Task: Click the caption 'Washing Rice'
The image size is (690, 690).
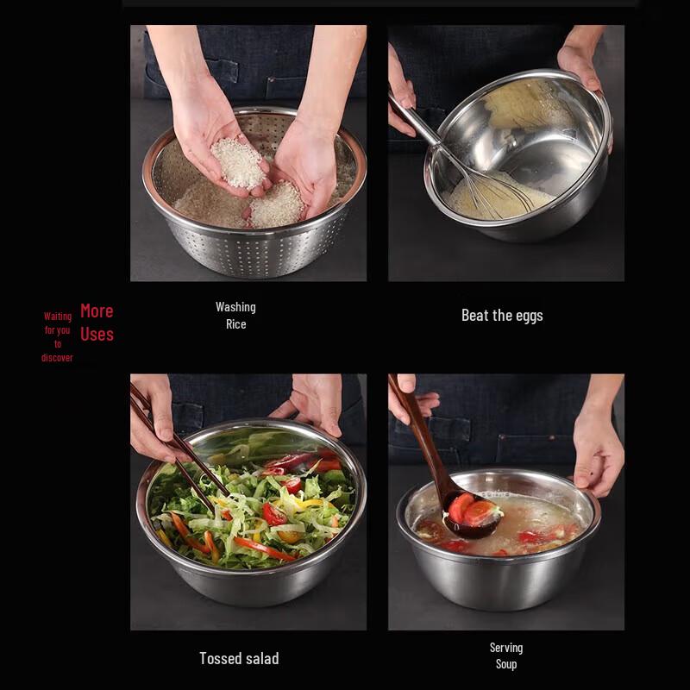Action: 235,316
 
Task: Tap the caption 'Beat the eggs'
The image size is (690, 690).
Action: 502,316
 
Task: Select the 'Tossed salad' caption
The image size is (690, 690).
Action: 239,658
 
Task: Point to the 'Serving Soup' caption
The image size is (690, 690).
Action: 506,655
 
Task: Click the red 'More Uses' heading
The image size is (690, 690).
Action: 97,323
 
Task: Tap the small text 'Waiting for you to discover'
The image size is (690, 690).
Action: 58,336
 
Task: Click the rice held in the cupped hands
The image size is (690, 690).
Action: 239,162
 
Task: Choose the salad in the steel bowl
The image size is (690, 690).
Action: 250,509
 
